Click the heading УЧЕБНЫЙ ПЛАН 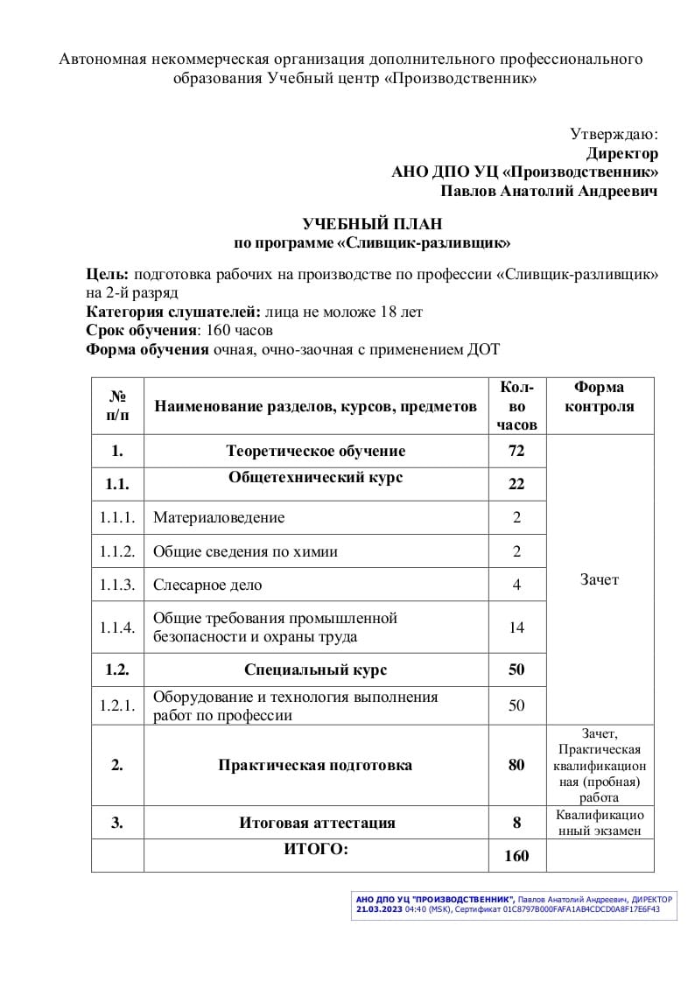tap(372, 225)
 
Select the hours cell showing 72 tap(516, 452)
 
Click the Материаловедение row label tap(219, 517)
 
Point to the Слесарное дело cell tap(207, 585)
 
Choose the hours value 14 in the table tap(516, 628)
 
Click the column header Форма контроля tap(600, 397)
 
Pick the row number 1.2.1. tap(117, 706)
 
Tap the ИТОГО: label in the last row tap(316, 848)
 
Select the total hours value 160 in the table tap(516, 856)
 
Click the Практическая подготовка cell tap(315, 765)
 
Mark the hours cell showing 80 tap(516, 765)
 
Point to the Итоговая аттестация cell tap(317, 823)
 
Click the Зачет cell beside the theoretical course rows tap(600, 579)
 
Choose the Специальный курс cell tap(315, 670)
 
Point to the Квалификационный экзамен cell tap(600, 823)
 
